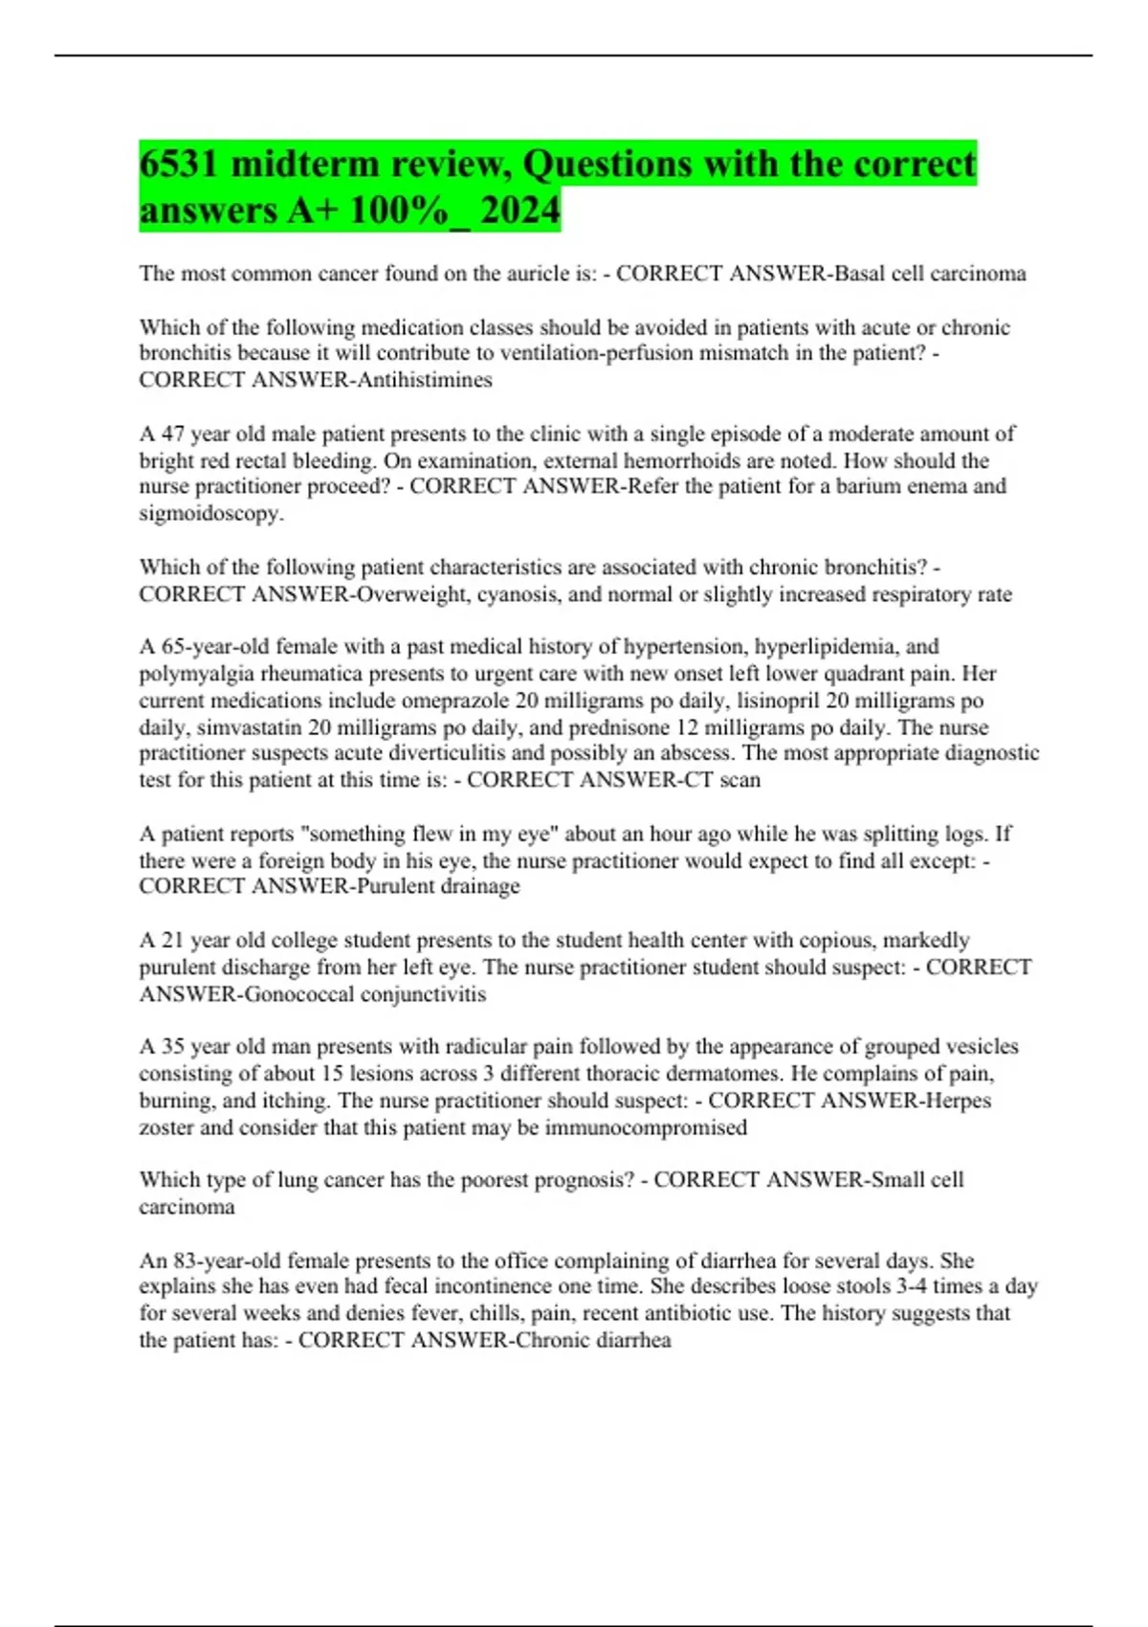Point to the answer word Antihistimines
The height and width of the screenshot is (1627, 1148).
tap(424, 380)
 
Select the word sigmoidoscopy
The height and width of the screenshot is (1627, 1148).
tap(210, 513)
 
